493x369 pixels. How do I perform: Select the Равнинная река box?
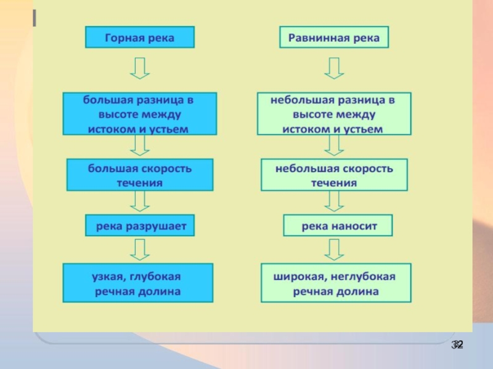pyautogui.click(x=334, y=38)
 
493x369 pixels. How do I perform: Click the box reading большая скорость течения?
pyautogui.click(x=139, y=175)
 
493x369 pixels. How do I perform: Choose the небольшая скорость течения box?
pyautogui.click(x=334, y=175)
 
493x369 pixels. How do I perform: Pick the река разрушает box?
pyautogui.click(x=141, y=226)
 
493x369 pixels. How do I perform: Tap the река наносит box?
pyautogui.click(x=338, y=226)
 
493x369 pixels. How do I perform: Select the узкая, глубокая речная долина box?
pyautogui.click(x=138, y=283)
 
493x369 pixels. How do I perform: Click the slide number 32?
pyautogui.click(x=457, y=344)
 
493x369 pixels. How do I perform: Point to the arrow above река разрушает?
pyautogui.click(x=139, y=200)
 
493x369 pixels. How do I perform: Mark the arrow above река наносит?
pyautogui.click(x=334, y=200)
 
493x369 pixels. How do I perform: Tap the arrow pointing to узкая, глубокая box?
pyautogui.click(x=139, y=249)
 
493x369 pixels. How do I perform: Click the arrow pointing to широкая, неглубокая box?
pyautogui.click(x=334, y=249)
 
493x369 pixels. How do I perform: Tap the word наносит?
pyautogui.click(x=354, y=226)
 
